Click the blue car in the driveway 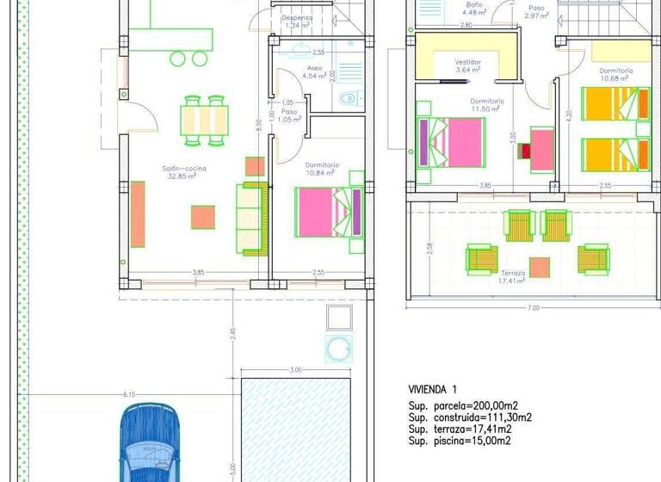150,443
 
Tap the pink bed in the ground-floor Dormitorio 324,212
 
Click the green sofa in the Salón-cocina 253,219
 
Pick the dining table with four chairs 205,118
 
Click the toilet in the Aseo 347,99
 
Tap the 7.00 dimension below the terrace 534,307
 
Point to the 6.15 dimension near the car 129,394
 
